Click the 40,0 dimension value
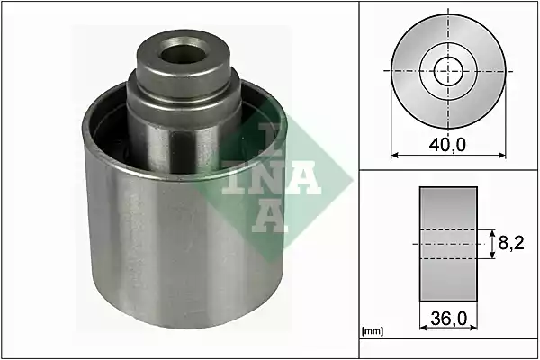click(x=447, y=145)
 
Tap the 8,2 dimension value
click(x=511, y=244)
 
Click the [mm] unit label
click(x=373, y=331)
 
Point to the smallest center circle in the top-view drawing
click(x=448, y=72)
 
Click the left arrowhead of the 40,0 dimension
click(x=395, y=156)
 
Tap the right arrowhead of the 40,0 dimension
click(x=502, y=156)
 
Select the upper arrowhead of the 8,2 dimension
click(x=493, y=234)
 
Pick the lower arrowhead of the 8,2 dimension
click(x=493, y=254)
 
